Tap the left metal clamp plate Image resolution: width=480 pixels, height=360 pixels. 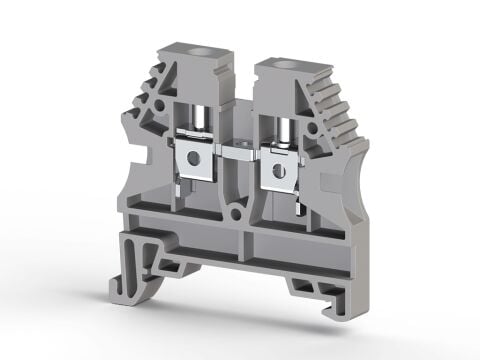click(x=191, y=160)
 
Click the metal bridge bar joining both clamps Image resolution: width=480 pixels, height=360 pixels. click(x=232, y=156)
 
